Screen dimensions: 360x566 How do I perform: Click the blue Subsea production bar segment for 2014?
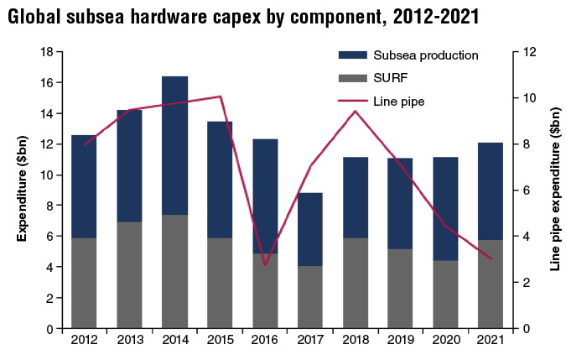tap(174, 145)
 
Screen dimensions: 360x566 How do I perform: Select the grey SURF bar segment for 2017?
tap(310, 297)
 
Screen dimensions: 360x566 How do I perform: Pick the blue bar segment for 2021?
tap(490, 191)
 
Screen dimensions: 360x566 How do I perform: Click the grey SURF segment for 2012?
tap(84, 283)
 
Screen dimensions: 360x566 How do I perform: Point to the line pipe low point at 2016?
tap(265, 265)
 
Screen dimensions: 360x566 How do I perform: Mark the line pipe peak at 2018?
tap(356, 111)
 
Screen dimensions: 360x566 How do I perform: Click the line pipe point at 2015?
tap(220, 97)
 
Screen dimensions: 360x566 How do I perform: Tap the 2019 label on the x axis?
tap(400, 340)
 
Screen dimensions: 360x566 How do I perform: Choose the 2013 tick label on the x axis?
tap(129, 340)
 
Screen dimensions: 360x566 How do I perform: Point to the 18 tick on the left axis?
tap(47, 52)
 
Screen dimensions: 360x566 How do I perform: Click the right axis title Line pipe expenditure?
tap(554, 191)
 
